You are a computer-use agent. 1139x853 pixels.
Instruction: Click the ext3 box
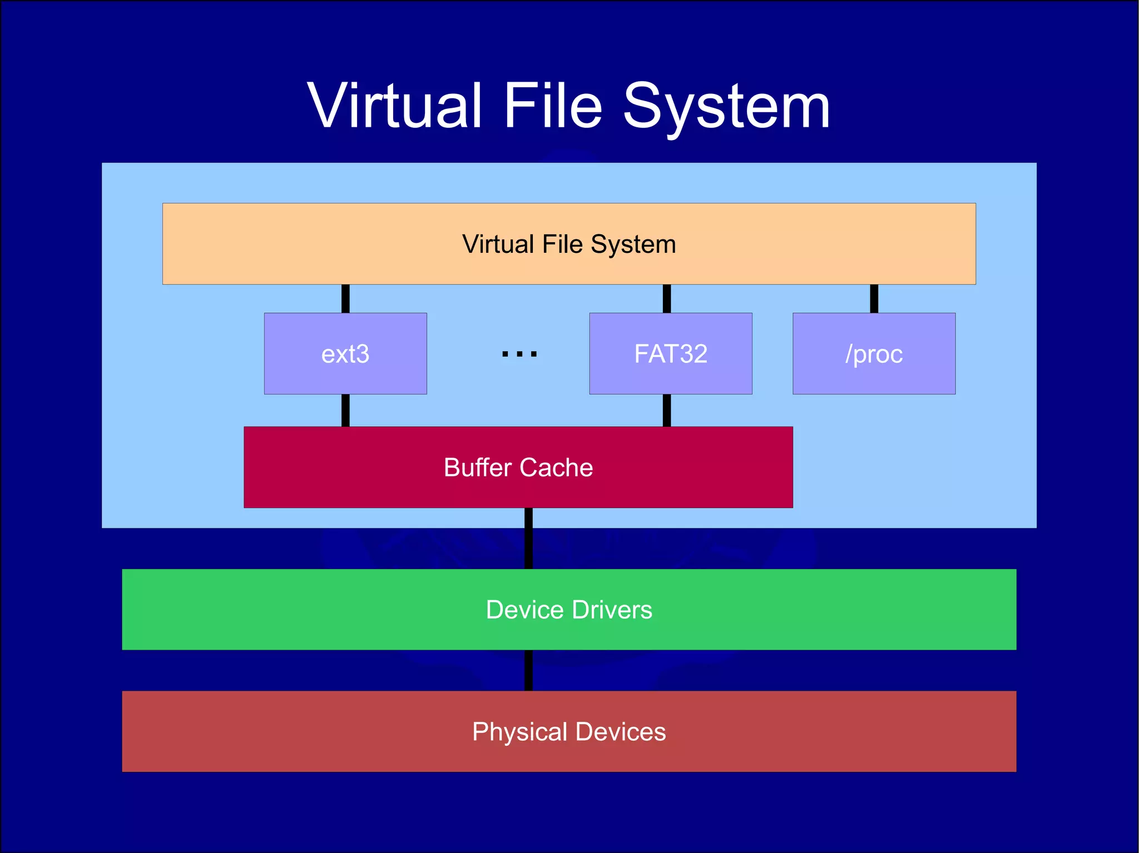[345, 353]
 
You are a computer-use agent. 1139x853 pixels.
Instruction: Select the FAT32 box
[671, 353]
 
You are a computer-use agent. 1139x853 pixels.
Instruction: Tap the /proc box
[874, 353]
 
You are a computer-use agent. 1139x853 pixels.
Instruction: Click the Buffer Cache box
[518, 467]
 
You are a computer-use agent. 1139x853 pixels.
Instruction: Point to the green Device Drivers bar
[569, 610]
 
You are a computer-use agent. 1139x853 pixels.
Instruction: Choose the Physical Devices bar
[569, 731]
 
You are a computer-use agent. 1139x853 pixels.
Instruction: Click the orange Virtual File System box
[569, 244]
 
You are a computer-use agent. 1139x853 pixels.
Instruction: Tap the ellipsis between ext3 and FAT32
[519, 354]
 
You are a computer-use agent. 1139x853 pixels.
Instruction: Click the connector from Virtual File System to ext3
[345, 298]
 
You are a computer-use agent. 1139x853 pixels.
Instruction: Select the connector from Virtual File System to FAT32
[667, 298]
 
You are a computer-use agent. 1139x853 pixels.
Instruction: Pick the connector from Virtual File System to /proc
[874, 298]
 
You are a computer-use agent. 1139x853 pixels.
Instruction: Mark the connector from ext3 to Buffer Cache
[345, 410]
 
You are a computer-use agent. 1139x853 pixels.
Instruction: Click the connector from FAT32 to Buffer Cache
[667, 410]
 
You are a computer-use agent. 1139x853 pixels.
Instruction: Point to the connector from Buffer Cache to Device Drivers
[528, 538]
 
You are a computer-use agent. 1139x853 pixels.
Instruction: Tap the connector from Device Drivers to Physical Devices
[528, 670]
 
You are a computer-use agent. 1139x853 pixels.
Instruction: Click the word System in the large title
[726, 107]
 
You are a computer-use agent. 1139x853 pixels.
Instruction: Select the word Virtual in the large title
[394, 106]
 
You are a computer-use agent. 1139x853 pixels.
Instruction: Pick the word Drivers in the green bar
[612, 610]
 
